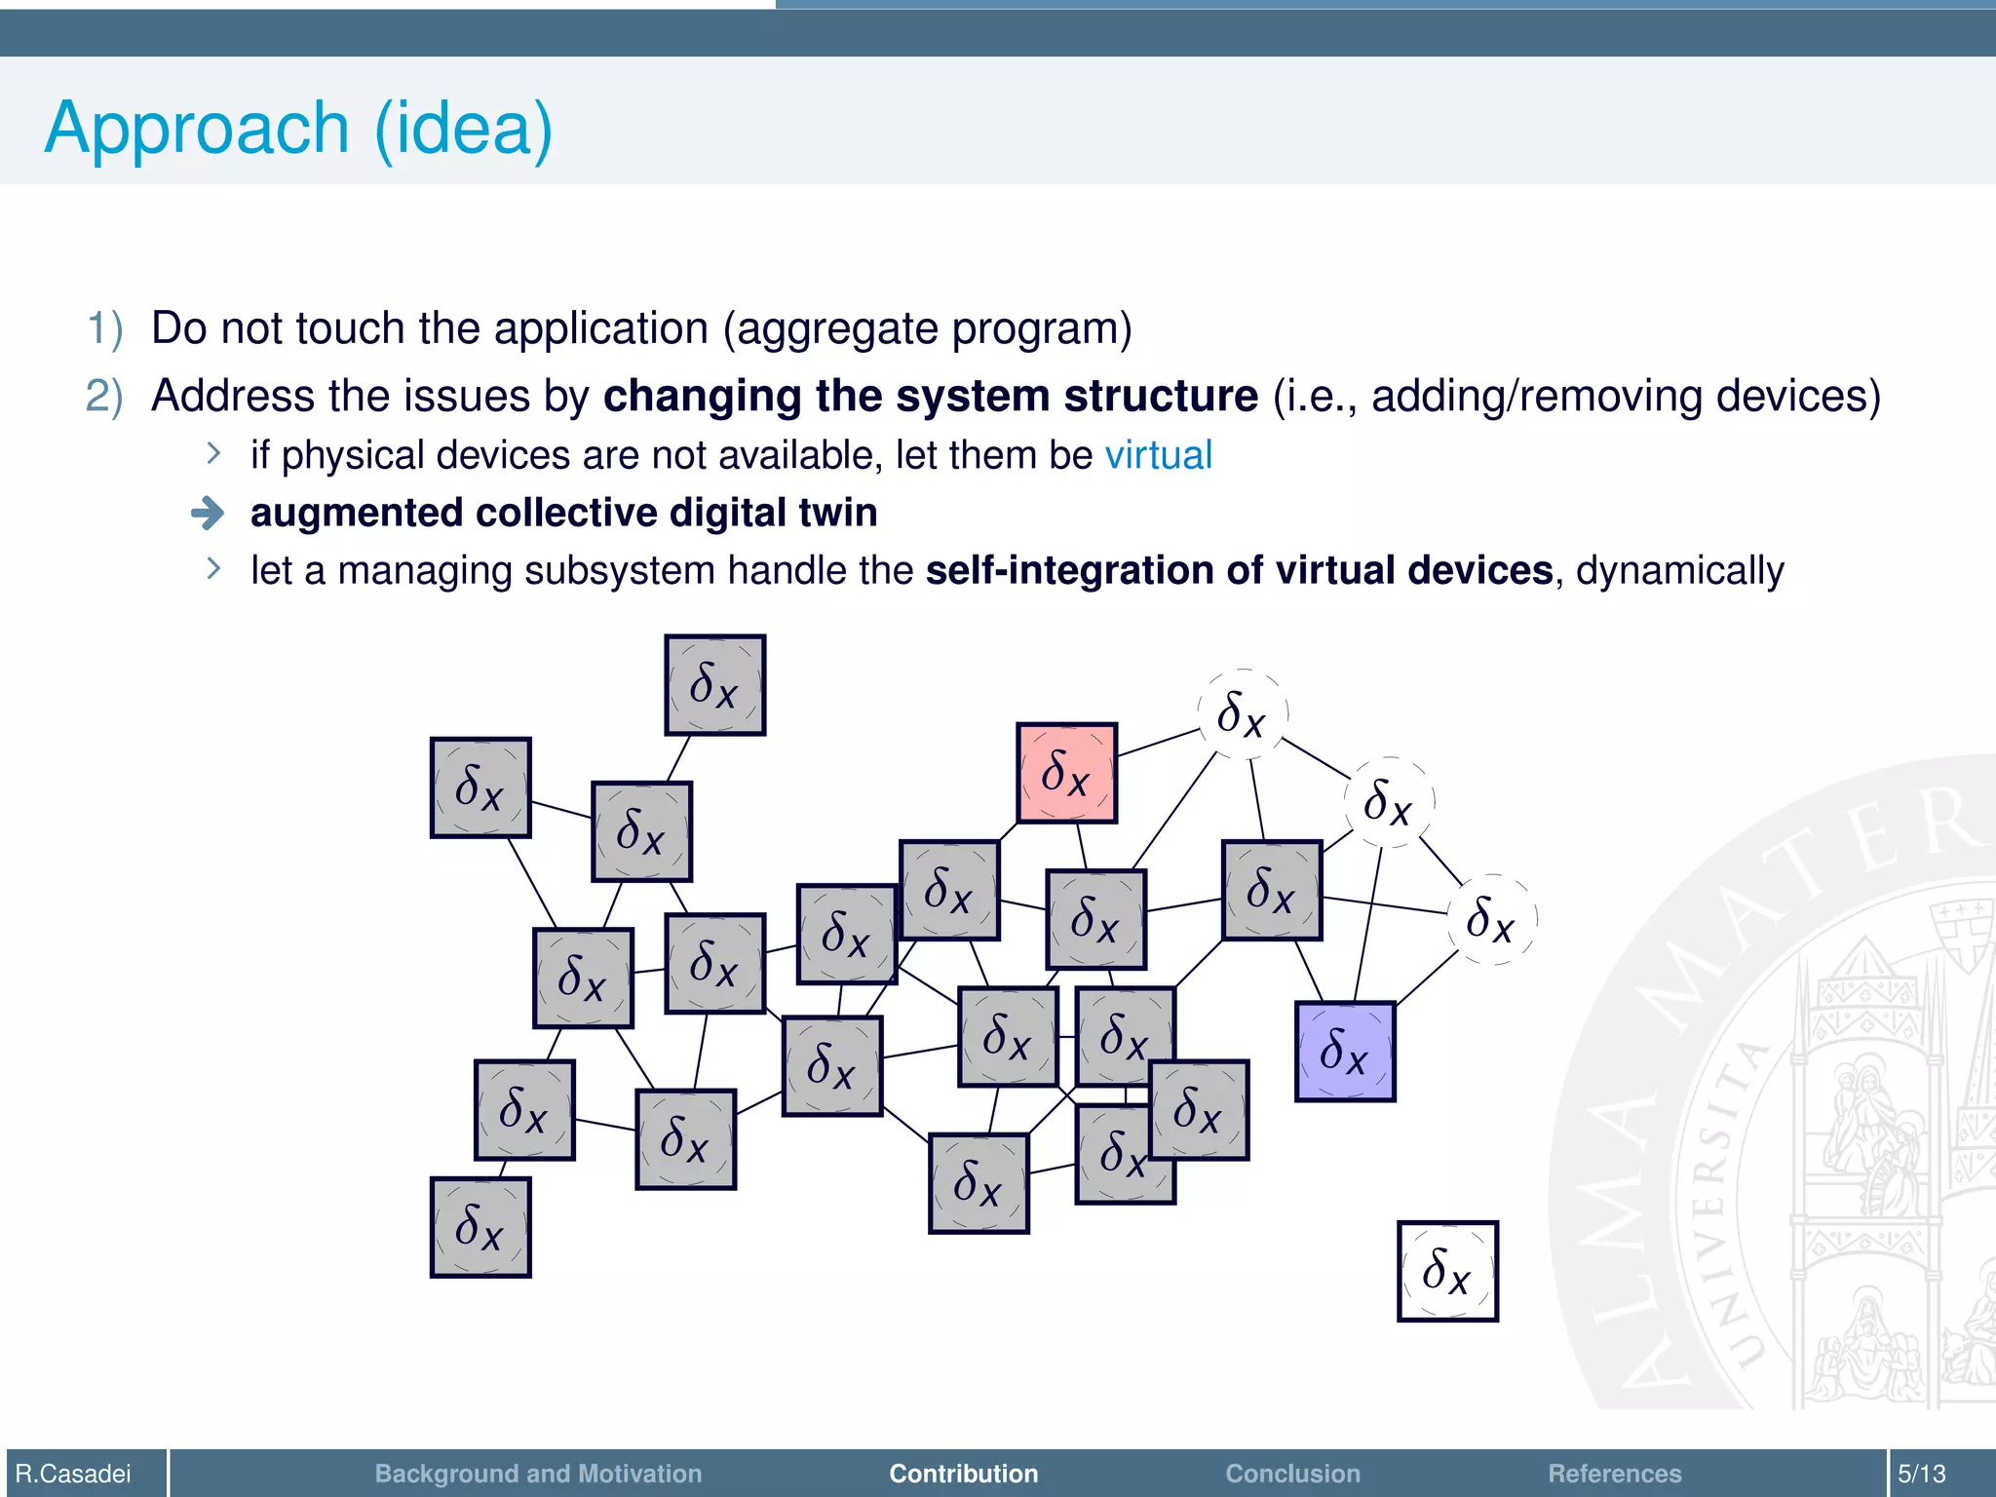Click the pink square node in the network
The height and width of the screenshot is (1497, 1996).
pos(1066,773)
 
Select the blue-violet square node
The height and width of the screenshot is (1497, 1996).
pos(1345,1052)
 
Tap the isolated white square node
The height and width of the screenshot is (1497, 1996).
pos(1447,1271)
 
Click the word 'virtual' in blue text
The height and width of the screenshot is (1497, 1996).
pos(1158,455)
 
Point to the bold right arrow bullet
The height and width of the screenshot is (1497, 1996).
pos(208,513)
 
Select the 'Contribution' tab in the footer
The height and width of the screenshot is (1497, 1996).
pos(963,1474)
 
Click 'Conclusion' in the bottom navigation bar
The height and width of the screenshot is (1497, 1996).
pos(1292,1474)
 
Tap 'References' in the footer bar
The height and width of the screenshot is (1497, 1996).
pos(1614,1474)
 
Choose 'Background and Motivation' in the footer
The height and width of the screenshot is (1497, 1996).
pos(538,1474)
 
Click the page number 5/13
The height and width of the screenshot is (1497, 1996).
pos(1921,1474)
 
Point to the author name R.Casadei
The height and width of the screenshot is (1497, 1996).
pos(74,1474)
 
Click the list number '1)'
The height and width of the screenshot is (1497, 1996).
pos(105,328)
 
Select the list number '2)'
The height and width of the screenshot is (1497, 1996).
pos(105,397)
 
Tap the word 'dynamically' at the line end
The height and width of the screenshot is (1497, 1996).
pos(1679,571)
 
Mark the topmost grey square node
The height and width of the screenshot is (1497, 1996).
pos(714,684)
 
